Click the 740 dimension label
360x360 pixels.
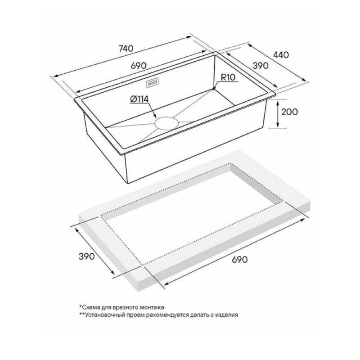coord(126,49)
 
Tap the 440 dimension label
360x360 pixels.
coord(281,54)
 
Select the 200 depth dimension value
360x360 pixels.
coord(289,112)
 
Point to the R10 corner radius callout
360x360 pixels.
coord(228,77)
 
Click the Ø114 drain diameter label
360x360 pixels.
coord(139,99)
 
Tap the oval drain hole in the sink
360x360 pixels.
coord(166,122)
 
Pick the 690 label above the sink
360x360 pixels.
coord(139,66)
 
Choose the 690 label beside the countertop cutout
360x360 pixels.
coord(240,260)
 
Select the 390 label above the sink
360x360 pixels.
coord(261,66)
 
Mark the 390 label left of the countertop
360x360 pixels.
coord(86,256)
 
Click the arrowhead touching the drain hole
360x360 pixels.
coord(154,116)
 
